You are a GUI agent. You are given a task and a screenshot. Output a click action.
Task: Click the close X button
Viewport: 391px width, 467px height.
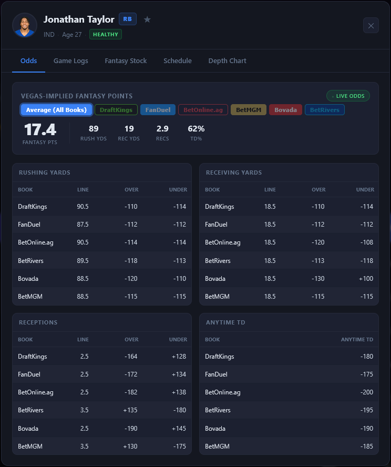coord(371,25)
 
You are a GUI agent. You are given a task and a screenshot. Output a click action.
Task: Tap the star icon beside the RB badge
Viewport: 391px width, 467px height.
coord(147,19)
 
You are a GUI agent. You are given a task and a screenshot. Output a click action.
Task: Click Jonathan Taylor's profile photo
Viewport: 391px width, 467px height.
coord(25,25)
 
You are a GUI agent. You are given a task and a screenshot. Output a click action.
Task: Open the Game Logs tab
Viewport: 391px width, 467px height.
coord(71,61)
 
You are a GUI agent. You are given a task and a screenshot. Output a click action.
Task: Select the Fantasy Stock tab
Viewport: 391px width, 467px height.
coord(126,61)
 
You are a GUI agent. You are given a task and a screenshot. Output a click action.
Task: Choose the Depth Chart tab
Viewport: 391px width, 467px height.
coord(227,61)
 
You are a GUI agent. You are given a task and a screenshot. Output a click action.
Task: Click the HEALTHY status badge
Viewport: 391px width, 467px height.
coord(105,34)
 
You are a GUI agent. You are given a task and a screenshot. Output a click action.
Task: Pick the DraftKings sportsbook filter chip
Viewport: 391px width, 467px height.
coord(116,110)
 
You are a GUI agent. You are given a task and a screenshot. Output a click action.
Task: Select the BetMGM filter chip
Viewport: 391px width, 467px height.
coord(248,110)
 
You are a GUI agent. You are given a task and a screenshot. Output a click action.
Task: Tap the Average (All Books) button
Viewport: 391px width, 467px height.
coord(56,110)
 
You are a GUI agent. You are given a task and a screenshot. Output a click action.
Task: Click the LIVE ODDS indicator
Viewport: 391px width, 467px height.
coord(348,96)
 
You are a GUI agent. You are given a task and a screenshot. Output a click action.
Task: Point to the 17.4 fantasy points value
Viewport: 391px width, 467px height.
coord(40,130)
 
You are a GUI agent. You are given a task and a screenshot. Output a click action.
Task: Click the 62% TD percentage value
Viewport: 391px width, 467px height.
coord(196,129)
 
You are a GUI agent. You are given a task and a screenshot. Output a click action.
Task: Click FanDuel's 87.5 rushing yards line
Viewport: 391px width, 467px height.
coord(83,225)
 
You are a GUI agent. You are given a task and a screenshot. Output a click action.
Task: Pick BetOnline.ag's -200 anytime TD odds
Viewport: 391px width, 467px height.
coord(364,392)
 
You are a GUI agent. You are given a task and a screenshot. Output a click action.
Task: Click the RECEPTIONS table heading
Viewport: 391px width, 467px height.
coord(38,322)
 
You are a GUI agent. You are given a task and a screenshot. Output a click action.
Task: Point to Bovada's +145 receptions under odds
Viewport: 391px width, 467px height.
coord(179,428)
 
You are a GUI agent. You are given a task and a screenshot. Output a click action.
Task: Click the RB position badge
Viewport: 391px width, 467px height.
coord(127,19)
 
